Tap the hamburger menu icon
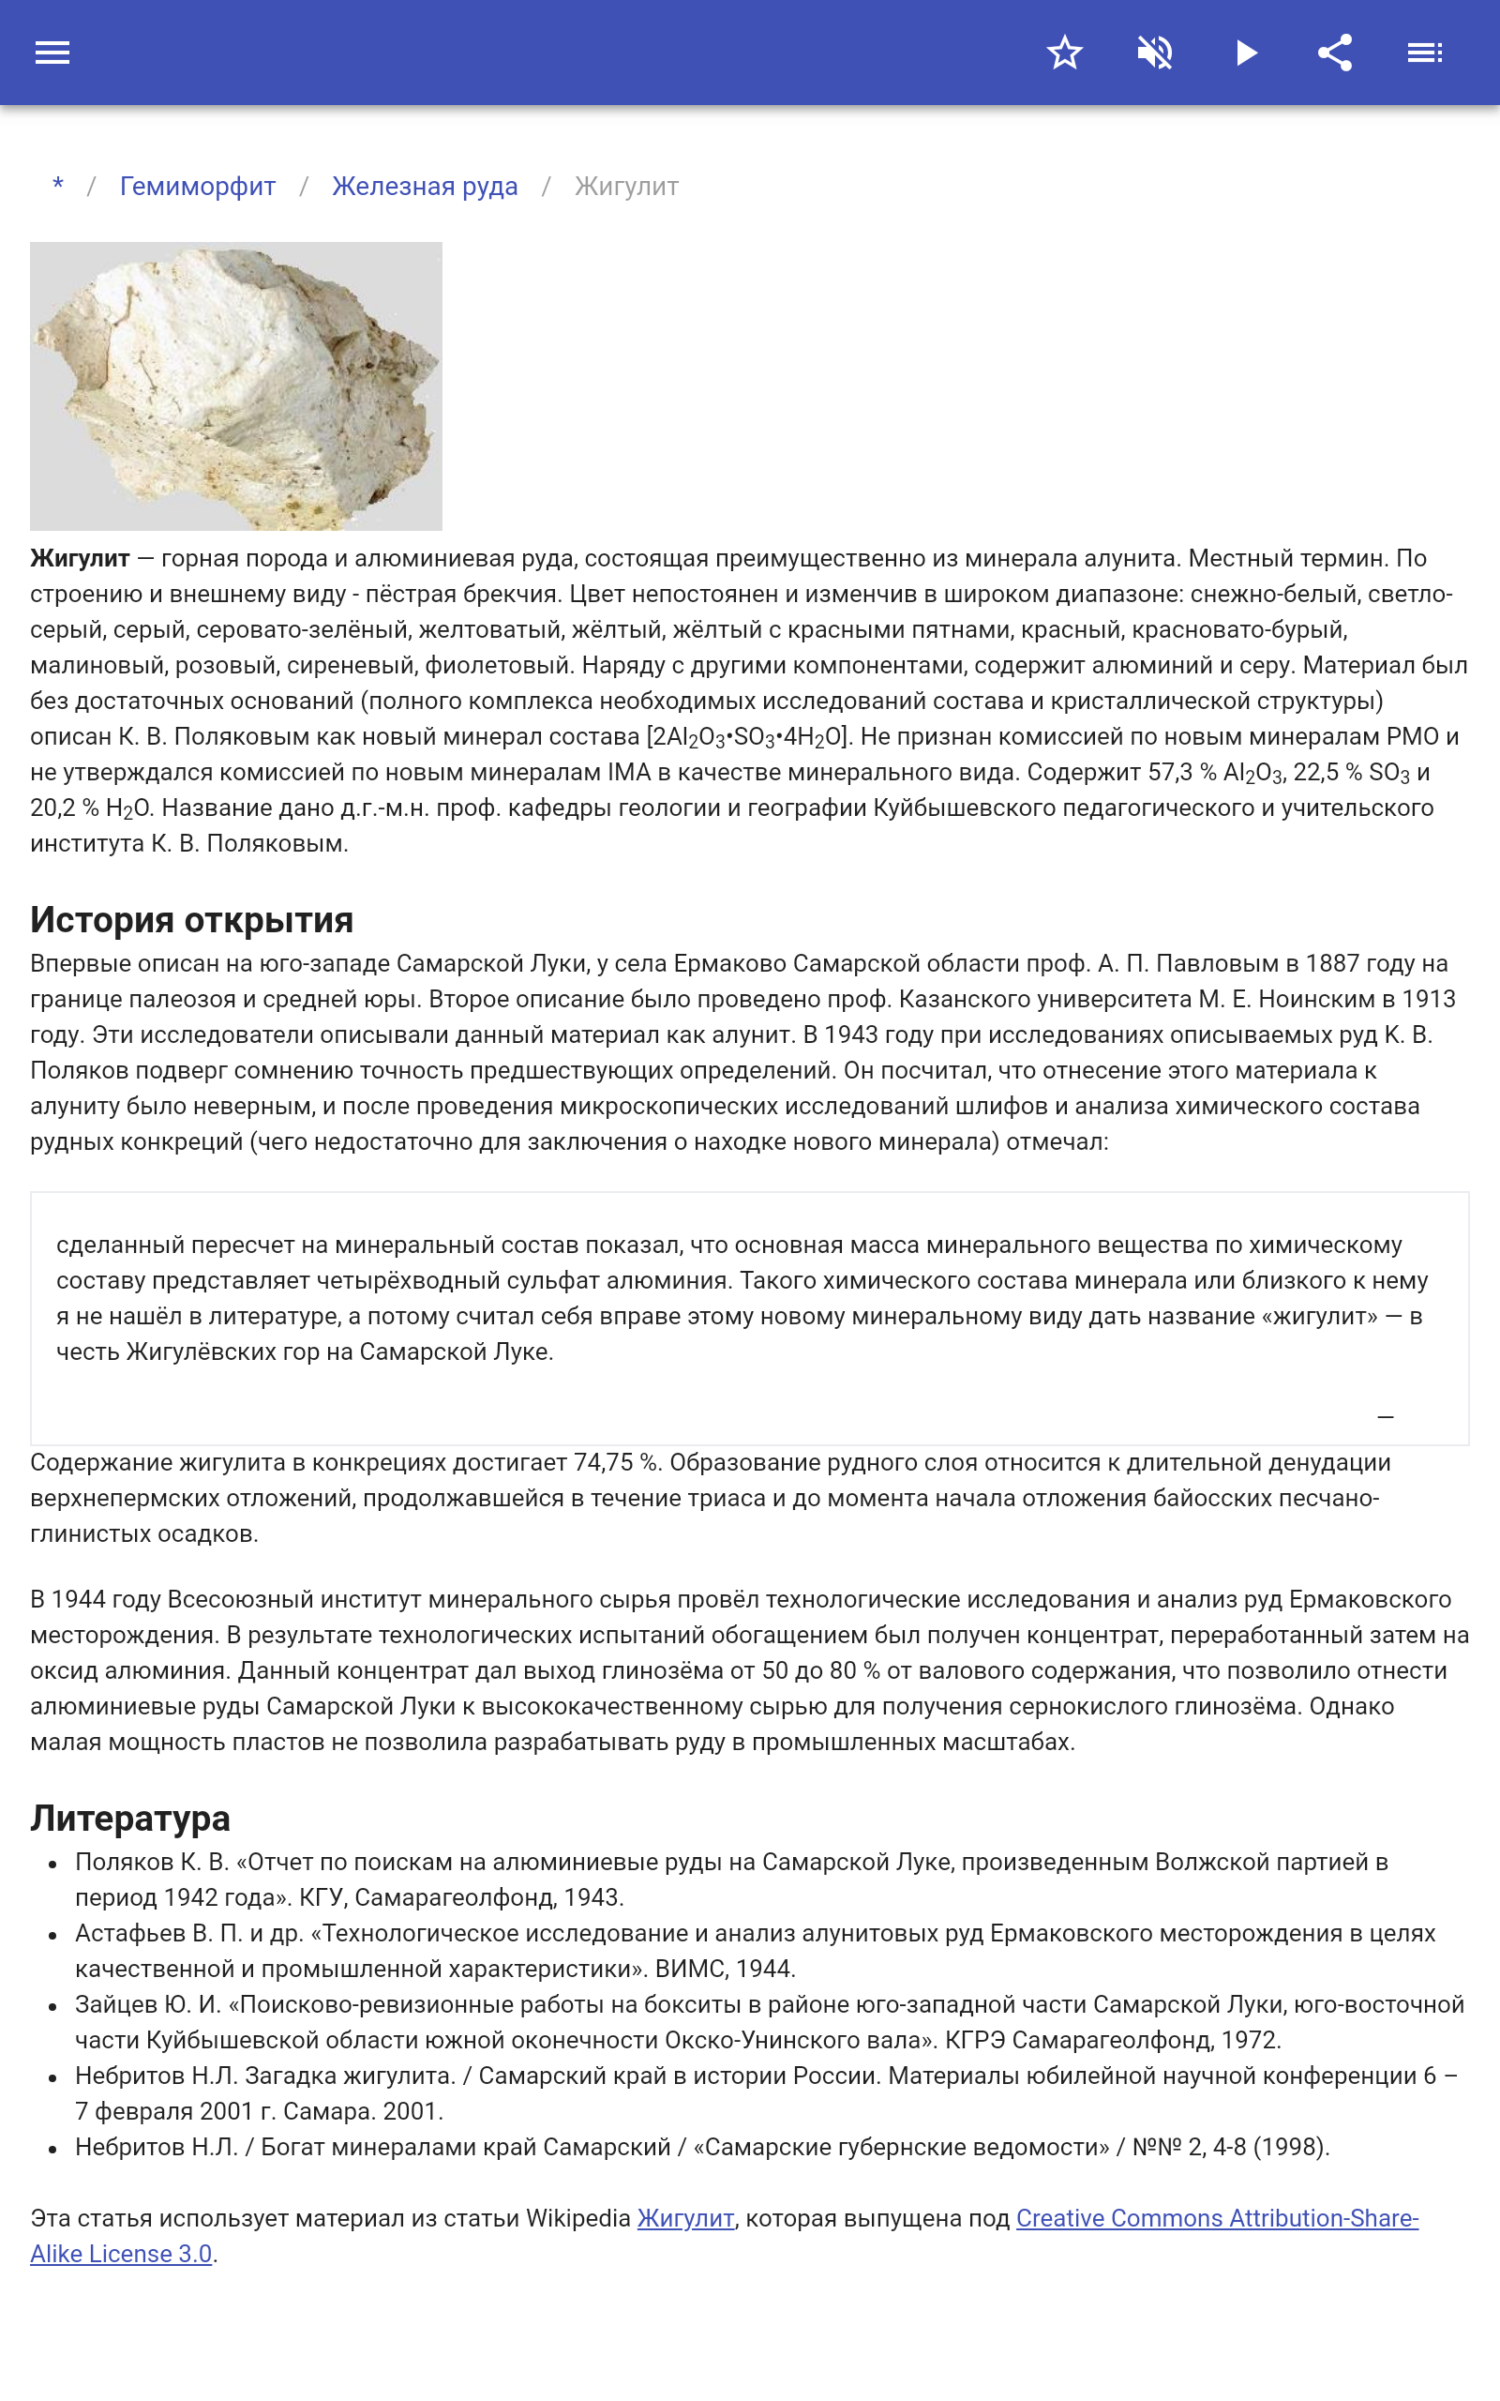52,53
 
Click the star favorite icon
1064,53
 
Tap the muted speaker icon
1155,53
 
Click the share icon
1335,53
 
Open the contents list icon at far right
1425,53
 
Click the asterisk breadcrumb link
58,186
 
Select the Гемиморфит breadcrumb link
198,187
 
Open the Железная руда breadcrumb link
425,187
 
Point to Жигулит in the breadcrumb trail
626,187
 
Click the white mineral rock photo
236,386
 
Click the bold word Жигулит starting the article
80,559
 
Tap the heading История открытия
191,920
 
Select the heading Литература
130,1818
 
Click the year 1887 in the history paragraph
1333,963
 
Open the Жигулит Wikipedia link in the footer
685,2217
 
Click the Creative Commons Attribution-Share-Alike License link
1216,2217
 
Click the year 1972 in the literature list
1248,2040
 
